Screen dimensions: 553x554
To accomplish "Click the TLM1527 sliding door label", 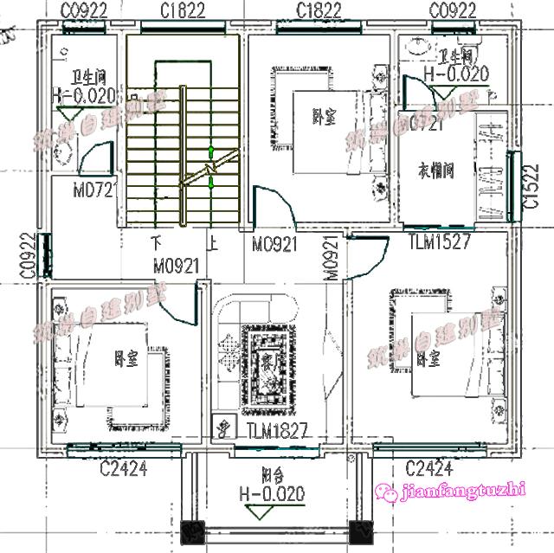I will click(x=439, y=242).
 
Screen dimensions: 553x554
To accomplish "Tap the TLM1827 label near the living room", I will click(x=276, y=430).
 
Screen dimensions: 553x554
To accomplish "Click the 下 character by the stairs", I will click(x=157, y=242).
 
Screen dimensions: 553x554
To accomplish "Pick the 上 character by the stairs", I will click(x=209, y=242).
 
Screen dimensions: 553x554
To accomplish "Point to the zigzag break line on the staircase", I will click(x=209, y=167).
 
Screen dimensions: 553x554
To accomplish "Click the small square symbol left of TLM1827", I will click(x=222, y=428).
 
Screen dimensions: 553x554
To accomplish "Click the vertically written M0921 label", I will click(x=330, y=259).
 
